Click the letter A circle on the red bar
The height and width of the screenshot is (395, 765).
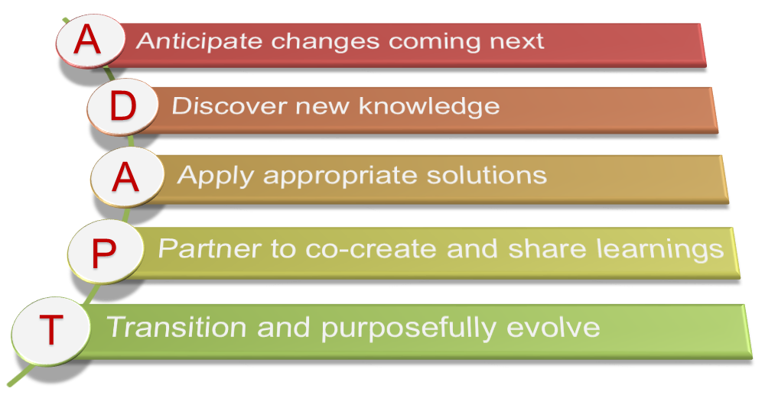(90, 40)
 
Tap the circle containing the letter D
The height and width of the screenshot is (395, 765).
(122, 106)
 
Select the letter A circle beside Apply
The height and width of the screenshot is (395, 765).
(126, 176)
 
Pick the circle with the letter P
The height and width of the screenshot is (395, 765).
(105, 251)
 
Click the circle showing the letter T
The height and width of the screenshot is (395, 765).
(50, 329)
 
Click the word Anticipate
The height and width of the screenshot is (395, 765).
(200, 41)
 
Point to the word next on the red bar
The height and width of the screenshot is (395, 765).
(516, 41)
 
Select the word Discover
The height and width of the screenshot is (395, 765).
(228, 105)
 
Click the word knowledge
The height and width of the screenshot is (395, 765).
(429, 107)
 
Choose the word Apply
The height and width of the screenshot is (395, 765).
(215, 176)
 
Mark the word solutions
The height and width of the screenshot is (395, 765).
(487, 175)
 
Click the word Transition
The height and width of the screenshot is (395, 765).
(176, 326)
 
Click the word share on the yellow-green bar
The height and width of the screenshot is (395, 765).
(548, 249)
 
